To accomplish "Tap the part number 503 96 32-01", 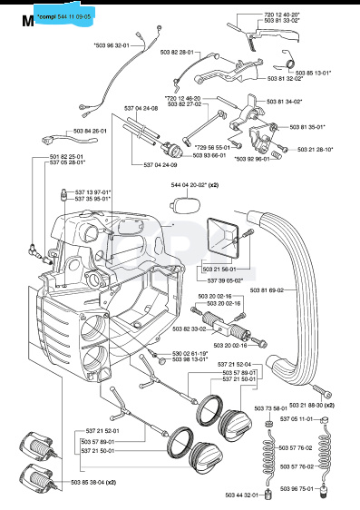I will (112, 44).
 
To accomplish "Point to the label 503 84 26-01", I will (91, 131).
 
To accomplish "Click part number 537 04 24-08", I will (141, 108).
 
